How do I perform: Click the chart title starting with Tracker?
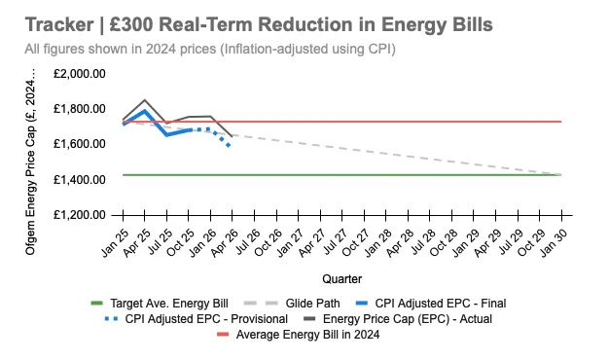[x=259, y=25]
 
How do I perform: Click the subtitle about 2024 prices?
[x=210, y=50]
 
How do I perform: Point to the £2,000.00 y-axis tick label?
[x=79, y=74]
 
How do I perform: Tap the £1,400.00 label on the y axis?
[x=79, y=180]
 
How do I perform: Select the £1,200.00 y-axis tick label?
[x=79, y=215]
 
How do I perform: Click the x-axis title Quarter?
[x=341, y=279]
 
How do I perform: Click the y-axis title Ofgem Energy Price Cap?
[x=30, y=162]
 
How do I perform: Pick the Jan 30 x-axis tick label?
[x=555, y=242]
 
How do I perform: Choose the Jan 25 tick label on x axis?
[x=116, y=242]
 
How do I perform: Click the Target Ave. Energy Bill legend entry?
[x=160, y=304]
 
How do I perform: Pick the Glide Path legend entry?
[x=292, y=304]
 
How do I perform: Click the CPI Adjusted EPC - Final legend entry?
[x=431, y=304]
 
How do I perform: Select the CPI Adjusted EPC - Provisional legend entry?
[x=197, y=319]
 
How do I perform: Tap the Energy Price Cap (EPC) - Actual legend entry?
[x=397, y=319]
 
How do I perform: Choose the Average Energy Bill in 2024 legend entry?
[x=299, y=335]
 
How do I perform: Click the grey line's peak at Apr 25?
[x=145, y=100]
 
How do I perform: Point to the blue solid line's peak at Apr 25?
[x=145, y=111]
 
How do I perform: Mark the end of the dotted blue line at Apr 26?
[x=229, y=145]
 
